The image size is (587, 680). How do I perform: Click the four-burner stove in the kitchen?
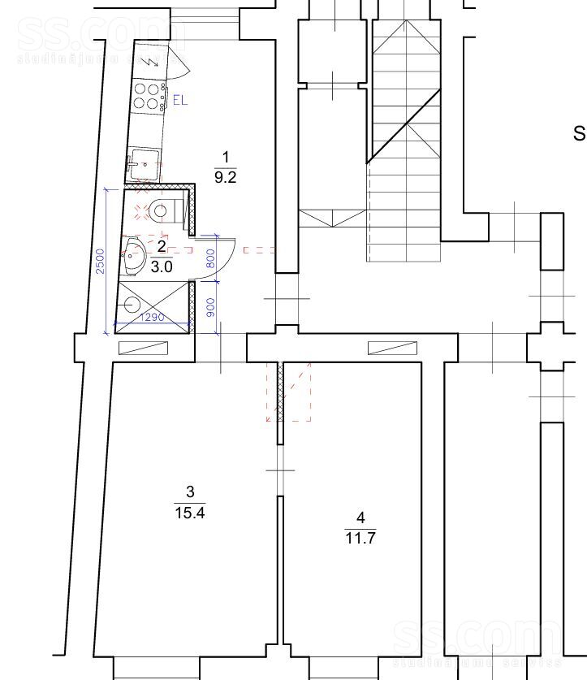(x=147, y=96)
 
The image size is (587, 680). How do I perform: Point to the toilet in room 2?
(x=158, y=211)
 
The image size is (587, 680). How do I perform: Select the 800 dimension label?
(x=211, y=258)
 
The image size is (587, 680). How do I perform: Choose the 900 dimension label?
(x=211, y=306)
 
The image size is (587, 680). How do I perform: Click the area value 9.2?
(x=225, y=178)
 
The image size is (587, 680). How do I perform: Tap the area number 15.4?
(x=189, y=512)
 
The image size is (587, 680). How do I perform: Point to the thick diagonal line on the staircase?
(x=404, y=127)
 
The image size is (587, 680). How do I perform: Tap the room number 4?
(x=360, y=517)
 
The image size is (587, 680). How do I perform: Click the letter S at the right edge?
(x=580, y=133)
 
